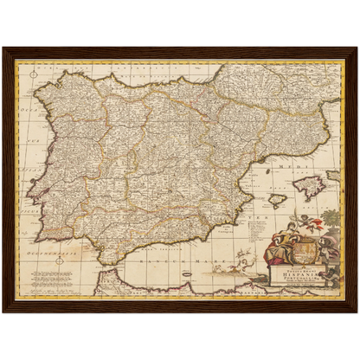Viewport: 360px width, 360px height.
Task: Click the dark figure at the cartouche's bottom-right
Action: pos(331,275)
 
